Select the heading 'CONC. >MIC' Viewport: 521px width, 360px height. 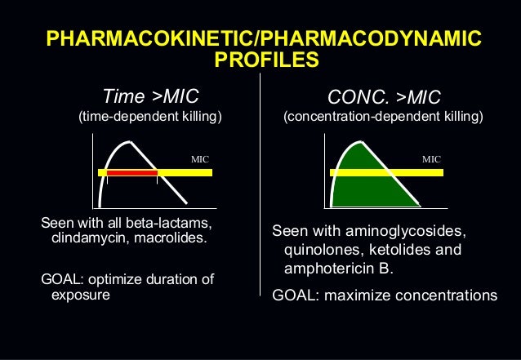click(x=383, y=97)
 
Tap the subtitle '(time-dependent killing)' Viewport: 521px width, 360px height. click(x=149, y=118)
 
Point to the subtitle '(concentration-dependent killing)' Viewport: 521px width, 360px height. click(x=383, y=118)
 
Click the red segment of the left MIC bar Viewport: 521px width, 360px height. click(x=131, y=173)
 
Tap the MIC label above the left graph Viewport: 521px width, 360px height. click(x=200, y=158)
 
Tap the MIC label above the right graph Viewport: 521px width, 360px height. click(x=431, y=158)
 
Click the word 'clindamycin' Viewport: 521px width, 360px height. click(x=88, y=239)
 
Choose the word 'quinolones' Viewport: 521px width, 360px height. click(x=318, y=250)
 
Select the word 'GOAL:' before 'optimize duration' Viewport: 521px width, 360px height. click(x=61, y=280)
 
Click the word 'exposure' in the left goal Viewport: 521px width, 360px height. click(x=80, y=295)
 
